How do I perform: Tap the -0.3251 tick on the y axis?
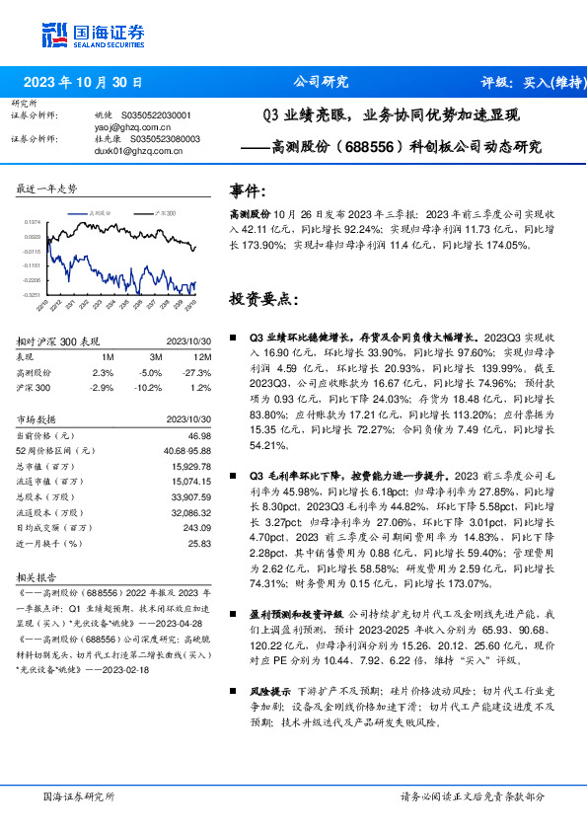[x=32, y=294]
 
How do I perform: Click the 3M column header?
[x=155, y=357]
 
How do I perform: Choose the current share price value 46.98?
[x=199, y=435]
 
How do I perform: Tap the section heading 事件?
[x=247, y=189]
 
